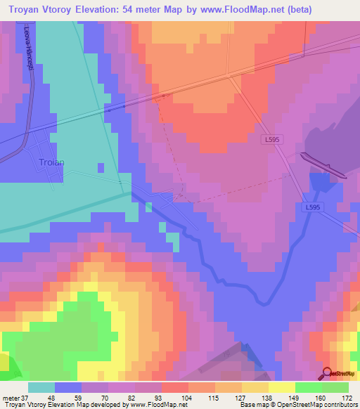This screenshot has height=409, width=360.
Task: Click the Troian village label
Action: [x=51, y=162]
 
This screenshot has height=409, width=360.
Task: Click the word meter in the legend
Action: [x=11, y=397]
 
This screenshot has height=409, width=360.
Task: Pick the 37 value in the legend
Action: [x=27, y=397]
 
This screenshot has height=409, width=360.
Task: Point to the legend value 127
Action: [x=242, y=397]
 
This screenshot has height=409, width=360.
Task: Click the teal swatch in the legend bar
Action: [x=41, y=387]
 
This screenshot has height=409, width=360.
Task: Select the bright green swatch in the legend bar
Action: [x=309, y=387]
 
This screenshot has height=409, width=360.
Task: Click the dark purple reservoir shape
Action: [x=322, y=165]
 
